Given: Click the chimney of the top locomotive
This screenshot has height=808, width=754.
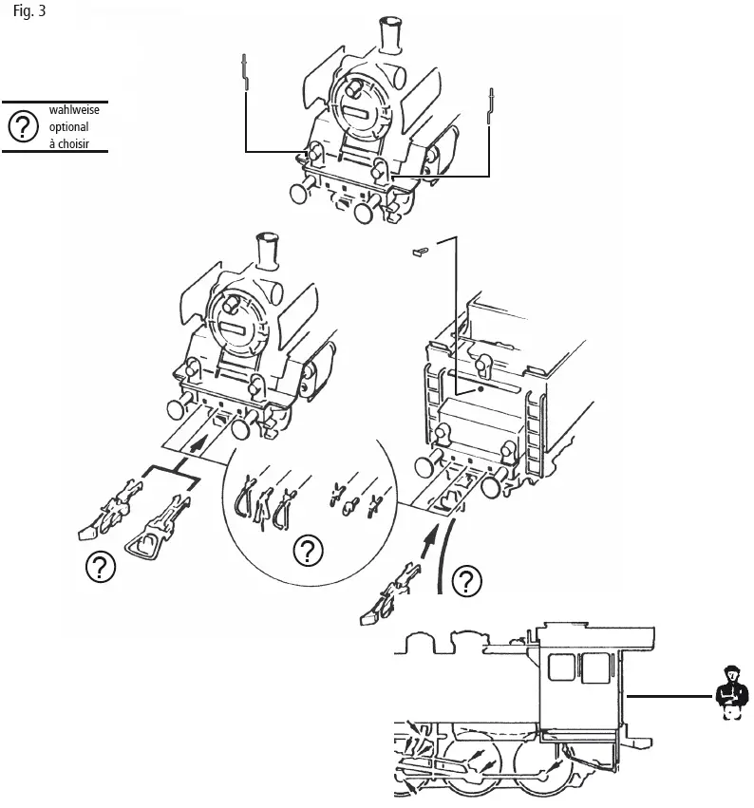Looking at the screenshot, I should (x=389, y=36).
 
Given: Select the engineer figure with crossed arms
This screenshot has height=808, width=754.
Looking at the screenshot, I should (x=728, y=692).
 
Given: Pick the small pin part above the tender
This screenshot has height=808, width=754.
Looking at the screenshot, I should (x=422, y=252).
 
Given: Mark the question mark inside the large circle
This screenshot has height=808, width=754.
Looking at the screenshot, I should (x=306, y=551).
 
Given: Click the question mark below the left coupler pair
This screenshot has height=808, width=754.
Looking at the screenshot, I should (x=99, y=567).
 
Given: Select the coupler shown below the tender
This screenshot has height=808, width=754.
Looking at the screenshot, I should (x=387, y=594).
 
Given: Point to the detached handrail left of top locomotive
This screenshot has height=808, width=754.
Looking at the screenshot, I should (x=246, y=72).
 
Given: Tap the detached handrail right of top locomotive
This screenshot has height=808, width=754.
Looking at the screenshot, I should (x=491, y=104).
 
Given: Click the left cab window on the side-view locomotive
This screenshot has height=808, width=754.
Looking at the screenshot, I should (x=561, y=667).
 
